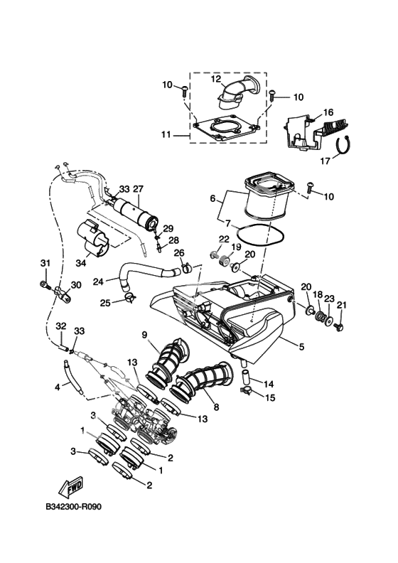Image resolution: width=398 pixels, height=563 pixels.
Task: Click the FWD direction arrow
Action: pos(71,486)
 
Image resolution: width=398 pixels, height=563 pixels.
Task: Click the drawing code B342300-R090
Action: pos(74,507)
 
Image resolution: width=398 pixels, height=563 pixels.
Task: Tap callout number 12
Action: pos(216,79)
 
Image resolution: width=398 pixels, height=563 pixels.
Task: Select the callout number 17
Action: pos(325,161)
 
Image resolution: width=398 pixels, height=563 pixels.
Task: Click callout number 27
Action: pos(138,189)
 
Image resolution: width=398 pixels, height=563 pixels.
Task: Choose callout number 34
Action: pos(81,263)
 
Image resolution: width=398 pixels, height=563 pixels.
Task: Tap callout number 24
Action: pos(99,282)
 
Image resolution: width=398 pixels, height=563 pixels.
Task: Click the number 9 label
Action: pos(144,335)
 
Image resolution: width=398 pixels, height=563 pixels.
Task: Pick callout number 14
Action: pos(269,384)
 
